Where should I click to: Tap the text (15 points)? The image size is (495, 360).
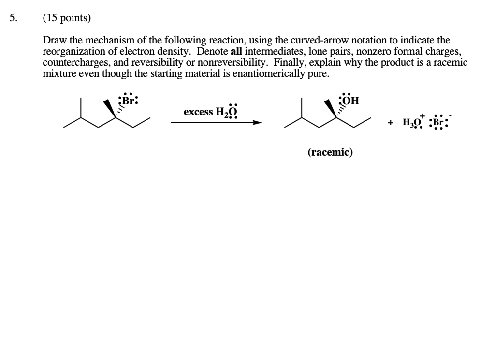pyautogui.click(x=66, y=18)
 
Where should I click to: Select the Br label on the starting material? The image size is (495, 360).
pyautogui.click(x=128, y=101)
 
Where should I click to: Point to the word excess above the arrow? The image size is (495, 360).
pyautogui.click(x=198, y=112)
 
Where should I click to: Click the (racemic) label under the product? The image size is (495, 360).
pyautogui.click(x=330, y=153)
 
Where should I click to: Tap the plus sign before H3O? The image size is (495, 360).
pyautogui.click(x=390, y=123)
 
